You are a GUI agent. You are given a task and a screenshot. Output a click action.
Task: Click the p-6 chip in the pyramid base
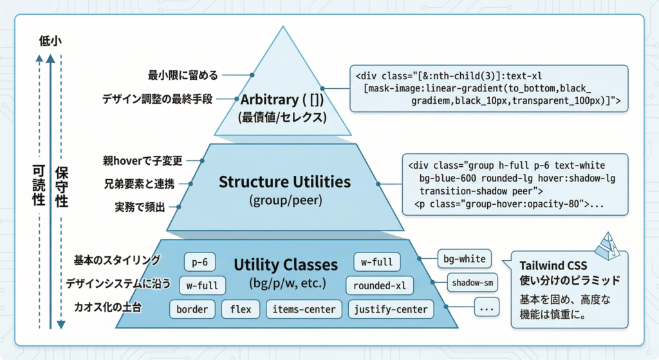point(200,262)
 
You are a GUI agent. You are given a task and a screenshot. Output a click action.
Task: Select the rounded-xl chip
point(380,285)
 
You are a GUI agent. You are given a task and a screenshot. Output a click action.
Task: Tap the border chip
point(192,309)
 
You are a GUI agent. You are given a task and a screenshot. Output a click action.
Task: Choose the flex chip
point(241,309)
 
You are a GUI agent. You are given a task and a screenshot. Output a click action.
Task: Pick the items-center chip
point(304,309)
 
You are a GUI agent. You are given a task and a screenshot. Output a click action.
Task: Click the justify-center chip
point(391,309)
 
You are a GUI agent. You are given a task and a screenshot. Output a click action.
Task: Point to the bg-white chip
point(465,259)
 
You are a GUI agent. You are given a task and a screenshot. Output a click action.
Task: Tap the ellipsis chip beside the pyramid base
point(487,308)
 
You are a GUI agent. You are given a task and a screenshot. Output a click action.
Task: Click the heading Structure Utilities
point(284,182)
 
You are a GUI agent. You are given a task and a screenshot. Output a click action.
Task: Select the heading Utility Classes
point(285,265)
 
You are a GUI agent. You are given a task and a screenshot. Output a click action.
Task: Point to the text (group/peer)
point(284,201)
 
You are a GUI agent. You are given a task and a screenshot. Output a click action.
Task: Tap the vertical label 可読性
point(39,186)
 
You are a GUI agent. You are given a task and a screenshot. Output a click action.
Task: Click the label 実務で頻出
point(140,207)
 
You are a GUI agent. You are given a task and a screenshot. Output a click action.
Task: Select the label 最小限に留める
point(183,75)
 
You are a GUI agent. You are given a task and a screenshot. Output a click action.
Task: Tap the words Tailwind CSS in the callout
point(552,267)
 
